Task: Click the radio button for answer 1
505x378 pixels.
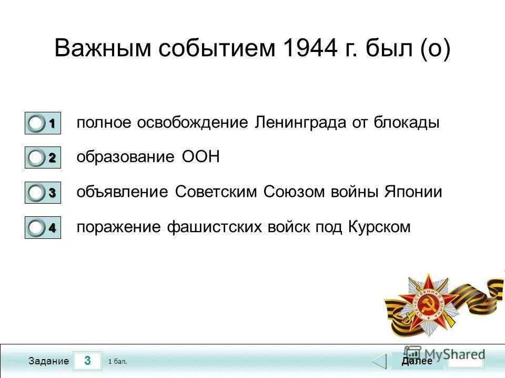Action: pos(37,124)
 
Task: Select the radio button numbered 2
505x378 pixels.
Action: pos(37,158)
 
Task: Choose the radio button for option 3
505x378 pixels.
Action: pos(37,193)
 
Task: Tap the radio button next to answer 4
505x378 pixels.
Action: pos(37,228)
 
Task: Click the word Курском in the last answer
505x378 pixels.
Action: pos(379,227)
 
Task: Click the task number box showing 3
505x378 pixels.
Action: pos(87,361)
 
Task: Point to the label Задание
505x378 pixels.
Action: pos(48,361)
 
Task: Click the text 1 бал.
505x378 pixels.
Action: pos(117,362)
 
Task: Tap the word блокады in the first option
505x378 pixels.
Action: pos(407,123)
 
